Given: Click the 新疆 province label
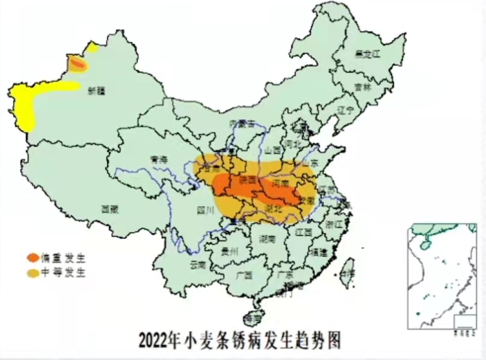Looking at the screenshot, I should (x=96, y=91).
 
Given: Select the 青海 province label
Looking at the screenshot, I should (x=159, y=160).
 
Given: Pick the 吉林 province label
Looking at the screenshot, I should (x=363, y=87).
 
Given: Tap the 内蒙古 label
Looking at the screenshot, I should (x=242, y=123).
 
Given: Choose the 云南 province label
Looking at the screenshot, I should (x=198, y=264).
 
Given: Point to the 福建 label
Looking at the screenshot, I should (x=318, y=253).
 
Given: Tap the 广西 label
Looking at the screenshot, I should (x=244, y=275).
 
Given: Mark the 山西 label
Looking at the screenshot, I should (x=273, y=150).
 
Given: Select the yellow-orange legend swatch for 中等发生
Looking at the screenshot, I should (x=32, y=273).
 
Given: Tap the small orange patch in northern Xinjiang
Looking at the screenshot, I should (x=76, y=63).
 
